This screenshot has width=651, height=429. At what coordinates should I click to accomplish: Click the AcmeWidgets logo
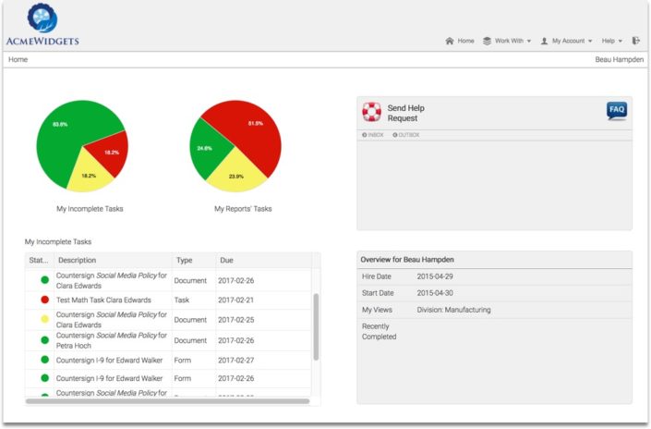pyautogui.click(x=42, y=25)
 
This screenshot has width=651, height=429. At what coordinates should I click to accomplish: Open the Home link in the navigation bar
pyautogui.click(x=460, y=41)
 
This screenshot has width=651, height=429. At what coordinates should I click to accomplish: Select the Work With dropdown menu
pyautogui.click(x=507, y=41)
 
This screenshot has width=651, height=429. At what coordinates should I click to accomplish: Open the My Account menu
pyautogui.click(x=567, y=41)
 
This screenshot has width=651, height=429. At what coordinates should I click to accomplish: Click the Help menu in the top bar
pyautogui.click(x=611, y=41)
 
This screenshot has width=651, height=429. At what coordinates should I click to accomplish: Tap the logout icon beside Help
pyautogui.click(x=635, y=41)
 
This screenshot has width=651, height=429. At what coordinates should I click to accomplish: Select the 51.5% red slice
pyautogui.click(x=249, y=129)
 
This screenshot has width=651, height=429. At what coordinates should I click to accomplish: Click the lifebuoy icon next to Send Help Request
pyautogui.click(x=371, y=113)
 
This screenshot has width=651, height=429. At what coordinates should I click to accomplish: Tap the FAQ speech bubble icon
pyautogui.click(x=616, y=111)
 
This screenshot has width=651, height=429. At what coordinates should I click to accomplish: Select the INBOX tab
pyautogui.click(x=372, y=135)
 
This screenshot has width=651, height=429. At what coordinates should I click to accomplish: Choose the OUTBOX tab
pyautogui.click(x=405, y=135)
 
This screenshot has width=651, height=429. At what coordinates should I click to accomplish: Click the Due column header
pyautogui.click(x=228, y=261)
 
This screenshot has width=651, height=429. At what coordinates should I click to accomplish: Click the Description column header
pyautogui.click(x=78, y=261)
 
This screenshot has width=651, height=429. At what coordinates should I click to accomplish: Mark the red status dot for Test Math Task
pyautogui.click(x=43, y=300)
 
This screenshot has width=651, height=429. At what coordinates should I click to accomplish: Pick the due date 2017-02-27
pyautogui.click(x=237, y=359)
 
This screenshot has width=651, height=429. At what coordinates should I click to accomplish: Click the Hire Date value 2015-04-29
pyautogui.click(x=435, y=276)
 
